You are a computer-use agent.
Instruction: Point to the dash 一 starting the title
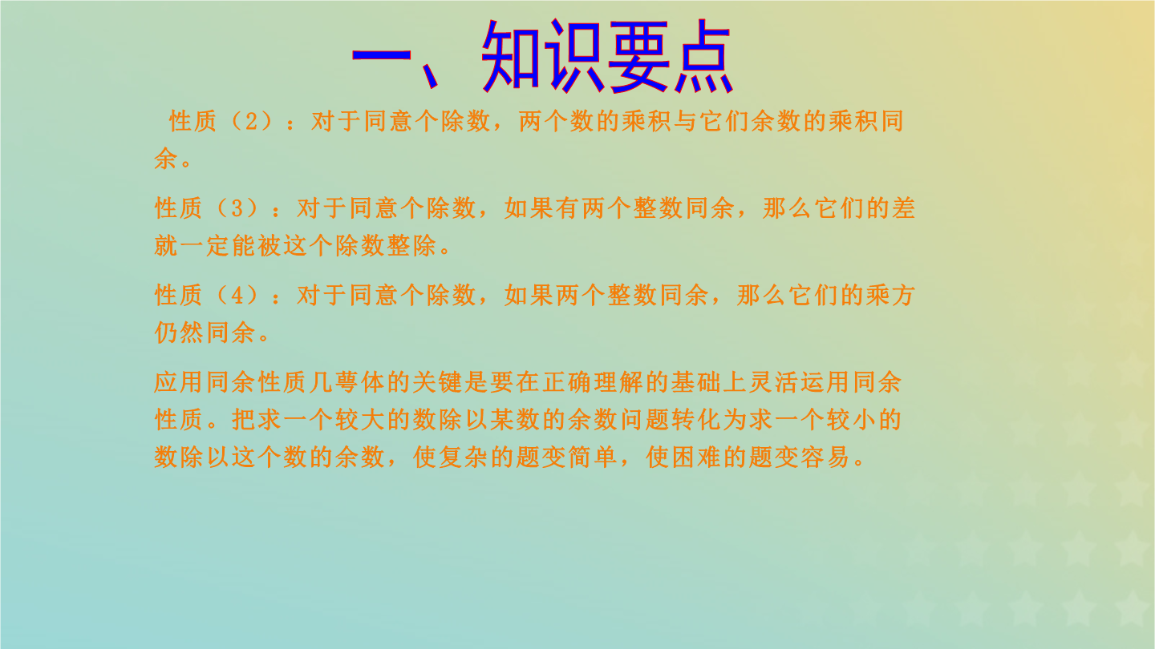[382, 54]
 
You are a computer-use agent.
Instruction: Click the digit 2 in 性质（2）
[251, 122]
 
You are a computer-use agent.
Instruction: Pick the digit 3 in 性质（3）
[237, 208]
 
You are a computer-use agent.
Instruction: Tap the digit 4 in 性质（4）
[237, 296]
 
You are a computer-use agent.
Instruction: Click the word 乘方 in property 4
[890, 296]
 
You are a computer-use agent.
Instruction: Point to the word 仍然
[179, 333]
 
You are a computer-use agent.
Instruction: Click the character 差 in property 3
[903, 208]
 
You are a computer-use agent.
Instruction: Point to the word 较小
[851, 420]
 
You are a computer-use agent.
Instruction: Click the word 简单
[593, 457]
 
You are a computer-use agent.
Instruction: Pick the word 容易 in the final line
[825, 457]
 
